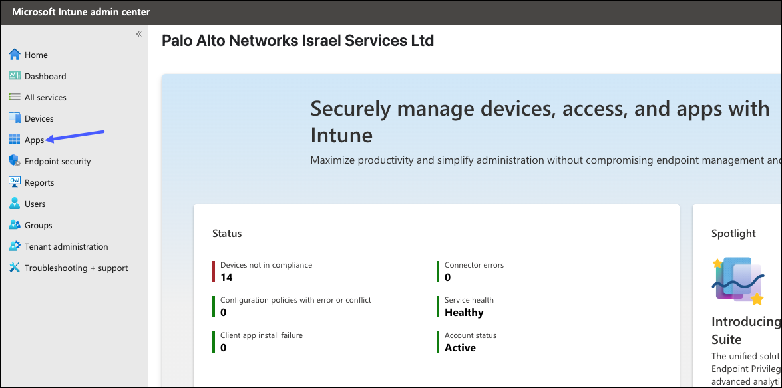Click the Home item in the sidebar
click(36, 55)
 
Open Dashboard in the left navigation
click(45, 76)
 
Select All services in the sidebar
click(45, 97)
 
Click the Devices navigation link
click(39, 118)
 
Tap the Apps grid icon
click(15, 140)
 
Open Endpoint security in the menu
click(57, 161)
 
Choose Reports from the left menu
click(39, 182)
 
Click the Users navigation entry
click(35, 204)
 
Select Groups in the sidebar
click(38, 225)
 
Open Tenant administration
click(66, 246)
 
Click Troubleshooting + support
click(76, 268)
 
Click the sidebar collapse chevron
click(138, 34)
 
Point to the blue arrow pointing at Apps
click(77, 136)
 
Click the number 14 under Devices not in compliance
click(226, 277)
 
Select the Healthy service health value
click(464, 312)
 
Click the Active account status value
click(460, 347)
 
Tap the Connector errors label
click(474, 265)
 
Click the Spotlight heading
click(733, 233)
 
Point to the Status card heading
click(227, 233)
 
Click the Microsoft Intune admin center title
click(81, 12)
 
